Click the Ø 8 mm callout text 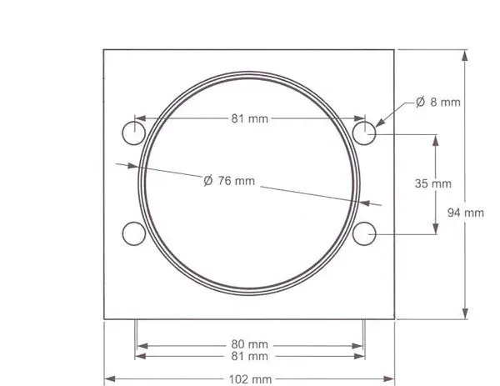coord(438,102)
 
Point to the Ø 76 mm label coord(229,181)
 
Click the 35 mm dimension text coord(433,183)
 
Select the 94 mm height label coord(466,213)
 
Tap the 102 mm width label coord(250,379)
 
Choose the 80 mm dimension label coord(250,344)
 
